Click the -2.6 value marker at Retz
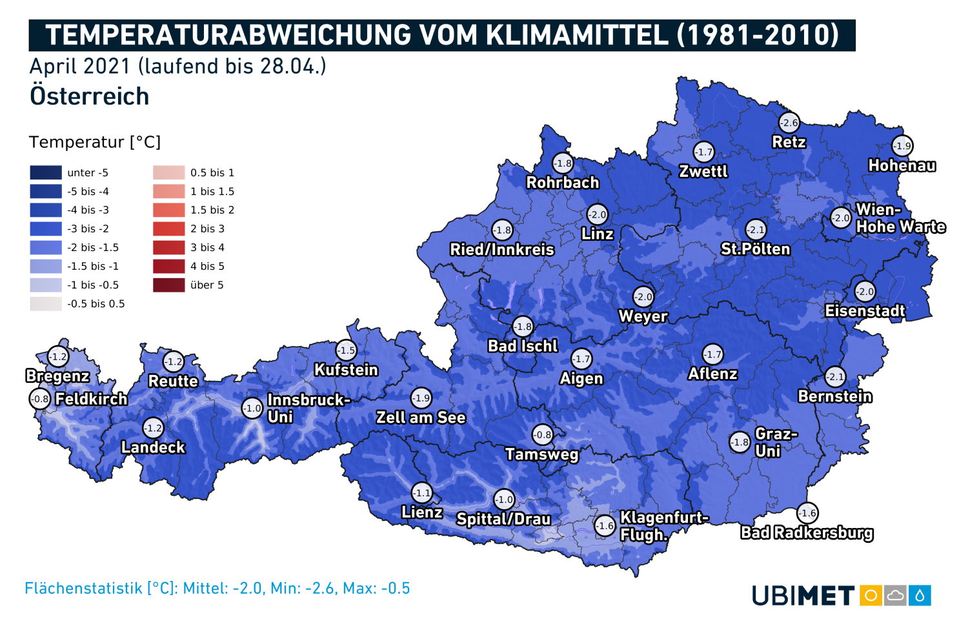789,123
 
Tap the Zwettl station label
703,172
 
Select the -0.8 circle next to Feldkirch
40,399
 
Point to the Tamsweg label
542,454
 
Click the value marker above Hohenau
902,146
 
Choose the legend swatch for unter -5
46,172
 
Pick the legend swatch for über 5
168,285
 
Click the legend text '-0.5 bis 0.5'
96,303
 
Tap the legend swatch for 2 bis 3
168,228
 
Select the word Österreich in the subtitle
90,96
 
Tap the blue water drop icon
920,595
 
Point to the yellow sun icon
871,595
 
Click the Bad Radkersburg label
807,533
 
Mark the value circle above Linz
597,214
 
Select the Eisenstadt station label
865,311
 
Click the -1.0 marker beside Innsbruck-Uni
252,408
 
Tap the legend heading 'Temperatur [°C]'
95,142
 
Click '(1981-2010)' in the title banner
758,35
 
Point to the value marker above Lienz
421,493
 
